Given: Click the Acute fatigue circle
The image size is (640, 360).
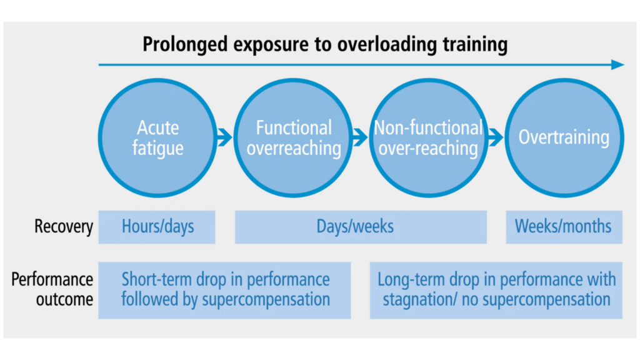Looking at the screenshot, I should tap(157, 138).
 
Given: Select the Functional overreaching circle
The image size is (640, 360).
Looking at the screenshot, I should tap(294, 138).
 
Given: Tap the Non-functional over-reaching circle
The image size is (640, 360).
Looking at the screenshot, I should tap(428, 138).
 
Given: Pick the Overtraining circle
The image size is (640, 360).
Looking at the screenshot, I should tap(564, 138).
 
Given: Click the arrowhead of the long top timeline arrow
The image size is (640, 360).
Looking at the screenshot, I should tap(617, 64).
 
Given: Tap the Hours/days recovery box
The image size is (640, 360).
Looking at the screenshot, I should tap(157, 226).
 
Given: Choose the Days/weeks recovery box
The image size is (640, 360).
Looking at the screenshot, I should tap(361, 226).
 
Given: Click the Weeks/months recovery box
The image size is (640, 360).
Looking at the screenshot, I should tap(564, 226).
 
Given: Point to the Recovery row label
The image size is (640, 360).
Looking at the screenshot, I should tap(63, 226).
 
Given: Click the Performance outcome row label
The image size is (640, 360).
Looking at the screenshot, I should tap(52, 289).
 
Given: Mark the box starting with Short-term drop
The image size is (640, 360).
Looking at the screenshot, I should tap(224, 289).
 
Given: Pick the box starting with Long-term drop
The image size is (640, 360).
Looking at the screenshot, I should tap(496, 289).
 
